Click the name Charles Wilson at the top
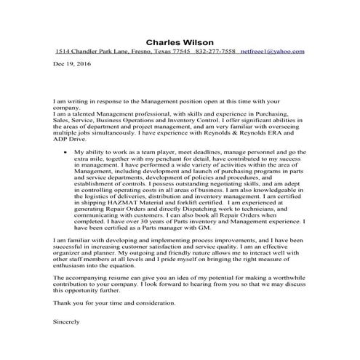(x=180, y=41)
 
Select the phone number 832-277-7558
(x=216, y=52)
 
